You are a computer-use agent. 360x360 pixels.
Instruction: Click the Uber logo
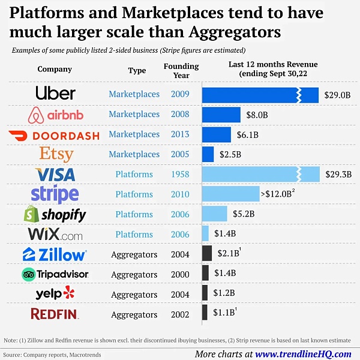click(x=55, y=94)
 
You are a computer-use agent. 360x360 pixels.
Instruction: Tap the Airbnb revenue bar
click(x=221, y=114)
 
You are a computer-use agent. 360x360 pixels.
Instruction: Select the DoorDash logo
click(x=54, y=135)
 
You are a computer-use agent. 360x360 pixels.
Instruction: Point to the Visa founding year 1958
click(x=179, y=174)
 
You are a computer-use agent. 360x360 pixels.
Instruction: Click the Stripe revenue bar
click(x=230, y=194)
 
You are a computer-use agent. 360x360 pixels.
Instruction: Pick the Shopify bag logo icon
click(x=32, y=214)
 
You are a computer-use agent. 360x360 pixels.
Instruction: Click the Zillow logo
click(x=54, y=254)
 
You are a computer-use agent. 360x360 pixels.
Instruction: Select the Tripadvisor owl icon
click(x=29, y=274)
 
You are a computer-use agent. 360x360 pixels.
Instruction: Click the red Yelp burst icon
click(x=70, y=293)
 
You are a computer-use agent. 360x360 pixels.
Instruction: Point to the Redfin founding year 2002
click(x=179, y=314)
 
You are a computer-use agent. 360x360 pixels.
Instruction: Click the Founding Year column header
click(x=181, y=70)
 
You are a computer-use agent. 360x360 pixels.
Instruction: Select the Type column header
click(x=137, y=70)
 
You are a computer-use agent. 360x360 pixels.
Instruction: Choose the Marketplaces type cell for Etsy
click(x=134, y=154)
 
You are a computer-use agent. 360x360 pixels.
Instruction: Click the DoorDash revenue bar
click(x=216, y=134)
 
